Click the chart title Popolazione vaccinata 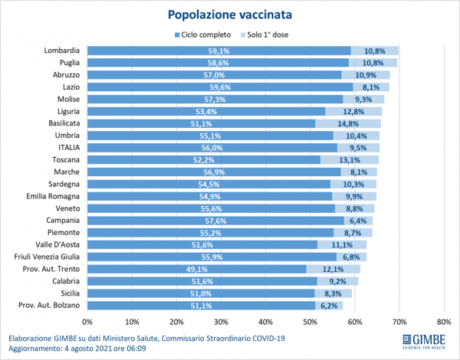tap(230, 14)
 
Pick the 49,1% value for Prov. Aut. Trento tap(197, 270)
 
